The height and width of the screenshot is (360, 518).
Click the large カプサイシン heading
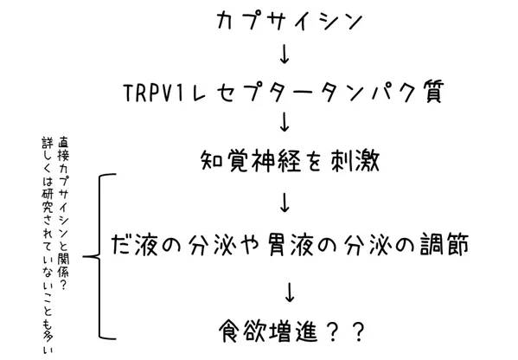[289, 21]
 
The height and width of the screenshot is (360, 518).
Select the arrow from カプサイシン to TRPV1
[285, 55]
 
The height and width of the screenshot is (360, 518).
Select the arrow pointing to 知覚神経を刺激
[285, 122]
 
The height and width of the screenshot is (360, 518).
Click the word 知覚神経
[251, 161]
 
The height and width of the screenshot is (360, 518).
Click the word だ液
[134, 245]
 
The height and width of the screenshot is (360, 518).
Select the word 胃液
[291, 245]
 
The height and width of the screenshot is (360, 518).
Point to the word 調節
[444, 245]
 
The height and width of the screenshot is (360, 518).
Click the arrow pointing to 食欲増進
[290, 292]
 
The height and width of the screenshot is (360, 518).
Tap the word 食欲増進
[268, 331]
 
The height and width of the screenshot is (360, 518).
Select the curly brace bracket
[99, 256]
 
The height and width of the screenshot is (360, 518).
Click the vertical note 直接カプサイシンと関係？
[63, 214]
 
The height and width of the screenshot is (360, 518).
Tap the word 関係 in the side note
[63, 266]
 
